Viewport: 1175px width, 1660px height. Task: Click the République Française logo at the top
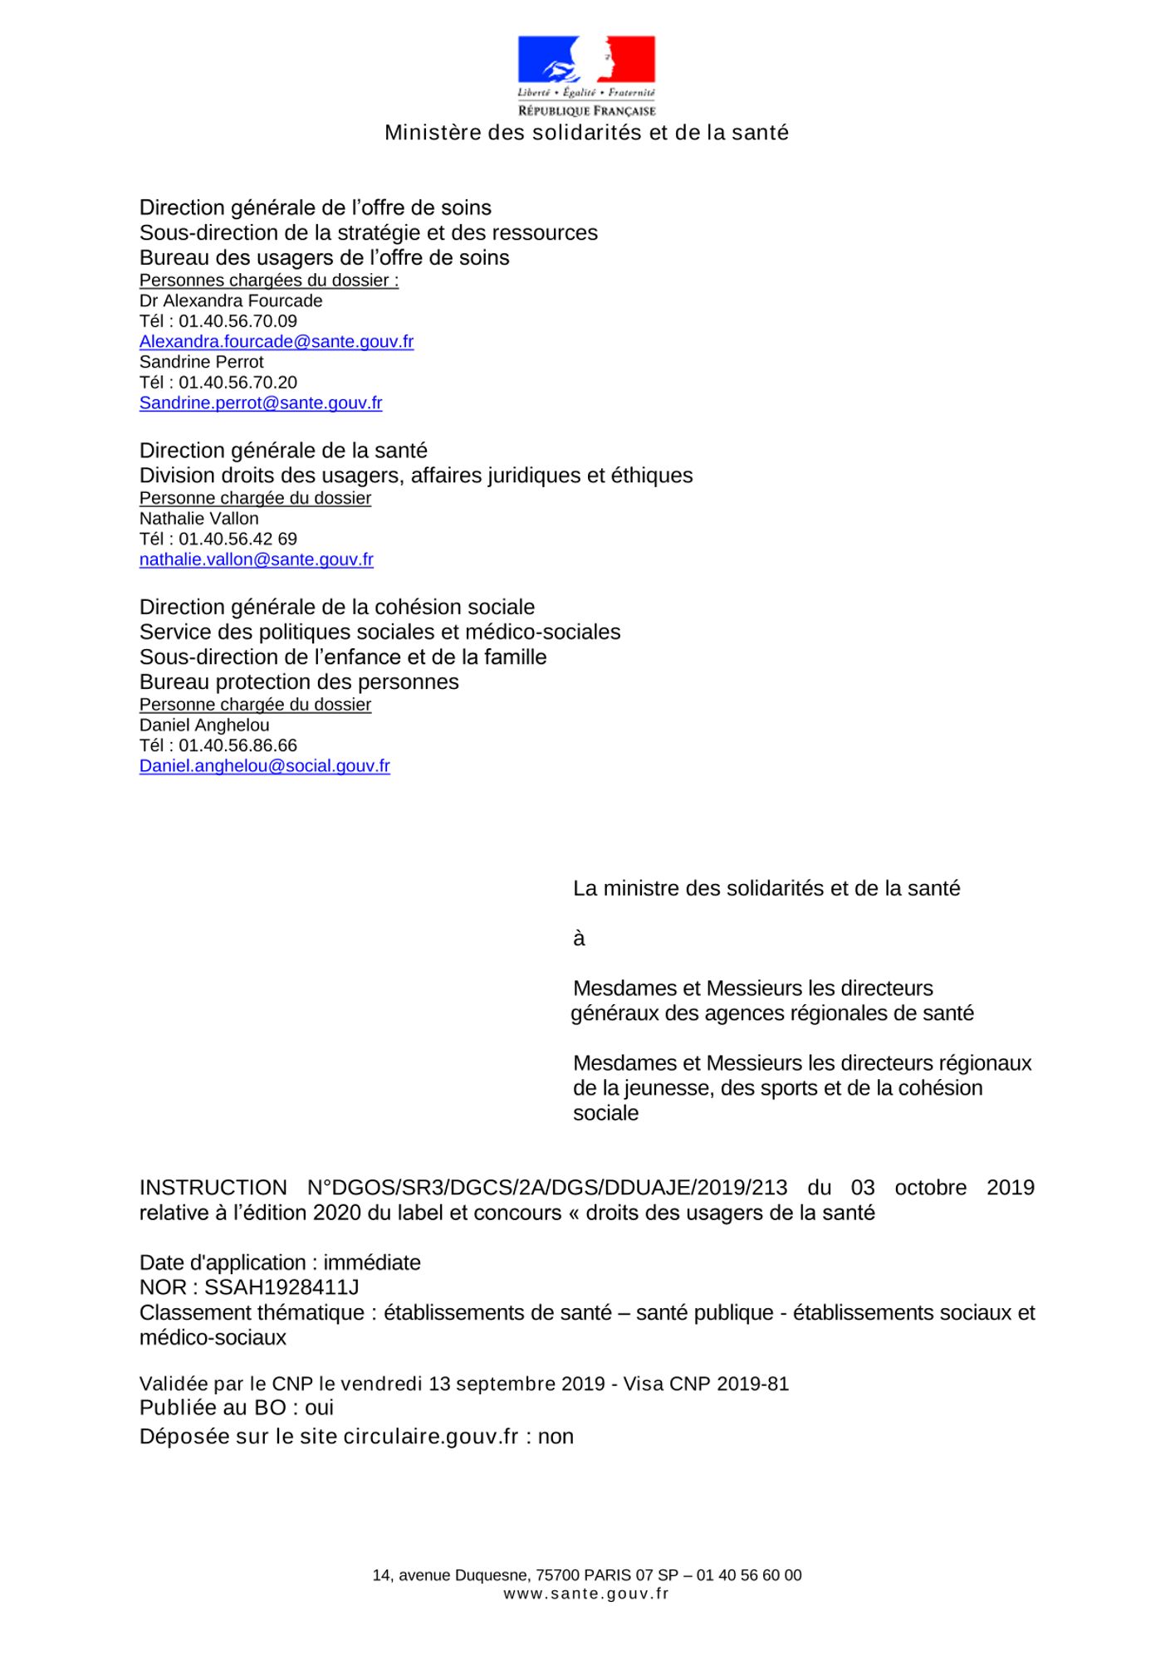(x=586, y=76)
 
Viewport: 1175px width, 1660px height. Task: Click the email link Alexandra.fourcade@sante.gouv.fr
(x=277, y=341)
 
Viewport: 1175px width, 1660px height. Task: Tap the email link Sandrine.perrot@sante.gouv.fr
(x=261, y=403)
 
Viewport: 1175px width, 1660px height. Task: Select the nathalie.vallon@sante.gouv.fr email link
(x=257, y=559)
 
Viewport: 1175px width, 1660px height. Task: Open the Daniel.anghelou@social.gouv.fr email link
(x=265, y=766)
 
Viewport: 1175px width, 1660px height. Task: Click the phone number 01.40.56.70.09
(x=237, y=321)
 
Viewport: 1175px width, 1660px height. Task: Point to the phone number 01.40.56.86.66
(x=237, y=745)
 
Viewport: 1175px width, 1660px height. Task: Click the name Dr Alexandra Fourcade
(x=231, y=300)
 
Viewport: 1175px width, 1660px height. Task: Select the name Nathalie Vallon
(x=199, y=519)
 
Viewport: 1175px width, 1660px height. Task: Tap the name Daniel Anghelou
(x=204, y=725)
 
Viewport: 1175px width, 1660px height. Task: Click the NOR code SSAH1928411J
(x=282, y=1287)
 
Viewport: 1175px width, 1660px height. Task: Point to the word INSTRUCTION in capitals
(x=213, y=1188)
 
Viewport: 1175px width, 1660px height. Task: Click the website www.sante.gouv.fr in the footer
(x=586, y=1593)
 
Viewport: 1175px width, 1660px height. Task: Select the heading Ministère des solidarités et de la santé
(x=586, y=133)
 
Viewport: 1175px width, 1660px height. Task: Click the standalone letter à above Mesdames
(x=579, y=939)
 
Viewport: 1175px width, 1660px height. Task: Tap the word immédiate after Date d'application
(x=372, y=1262)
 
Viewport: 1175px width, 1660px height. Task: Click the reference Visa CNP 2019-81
(x=706, y=1384)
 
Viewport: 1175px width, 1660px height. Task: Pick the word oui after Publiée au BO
(x=319, y=1408)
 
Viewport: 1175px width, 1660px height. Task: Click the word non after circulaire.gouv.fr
(x=556, y=1437)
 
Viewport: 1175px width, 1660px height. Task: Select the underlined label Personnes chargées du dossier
(x=269, y=281)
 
